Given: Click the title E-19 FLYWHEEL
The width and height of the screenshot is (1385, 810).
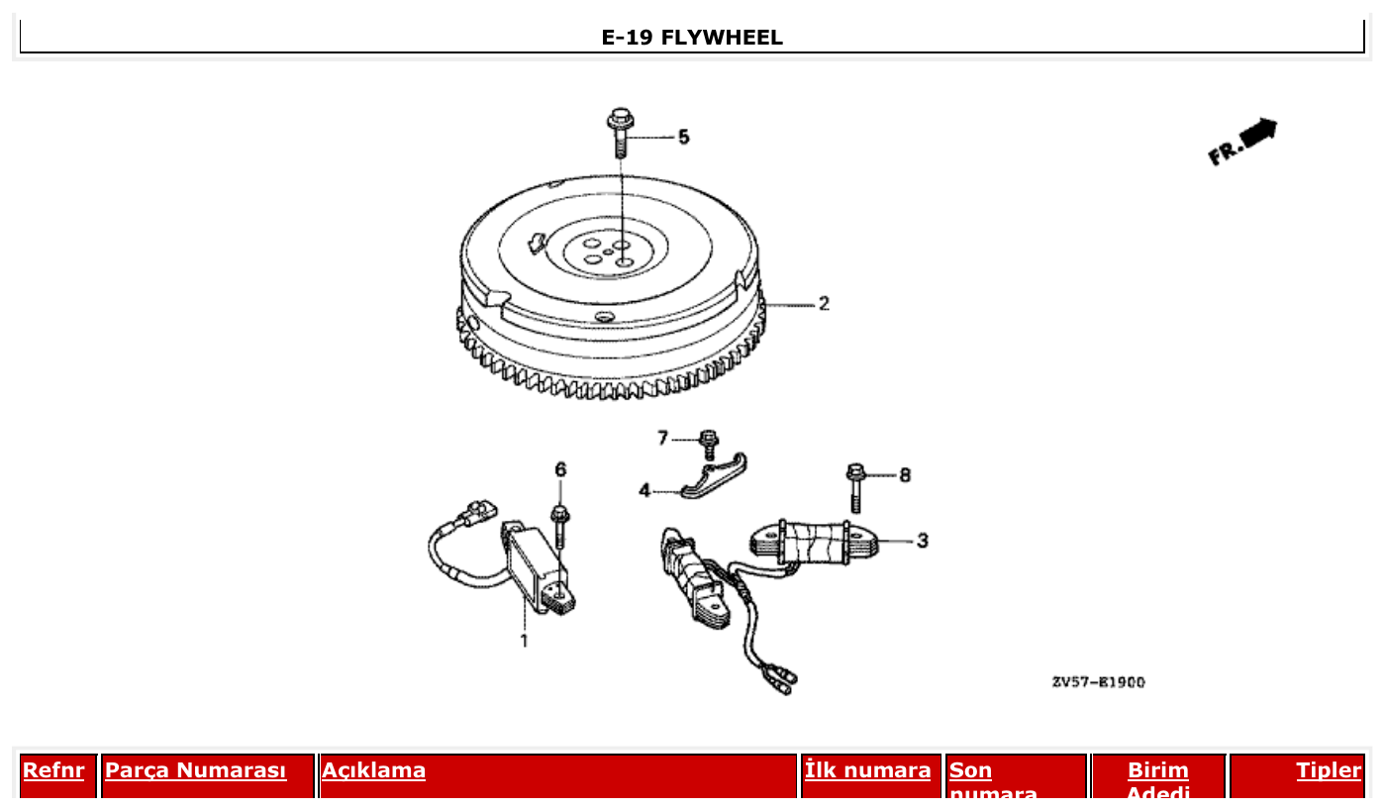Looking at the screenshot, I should pyautogui.click(x=692, y=38).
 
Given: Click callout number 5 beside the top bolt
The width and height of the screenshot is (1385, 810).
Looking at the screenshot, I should pyautogui.click(x=683, y=137).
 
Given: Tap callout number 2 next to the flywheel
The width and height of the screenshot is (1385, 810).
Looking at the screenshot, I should pyautogui.click(x=824, y=304).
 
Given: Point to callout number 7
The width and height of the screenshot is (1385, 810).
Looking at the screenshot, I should pyautogui.click(x=663, y=438).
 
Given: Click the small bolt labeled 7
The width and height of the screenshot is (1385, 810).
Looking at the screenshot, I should pyautogui.click(x=708, y=443).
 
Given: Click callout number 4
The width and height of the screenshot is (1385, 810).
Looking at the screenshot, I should pyautogui.click(x=643, y=490).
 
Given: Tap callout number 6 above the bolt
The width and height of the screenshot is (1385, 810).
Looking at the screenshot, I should pyautogui.click(x=560, y=469).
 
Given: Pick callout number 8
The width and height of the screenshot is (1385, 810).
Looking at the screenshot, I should pyautogui.click(x=904, y=475).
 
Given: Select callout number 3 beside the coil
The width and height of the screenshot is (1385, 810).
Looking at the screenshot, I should pyautogui.click(x=922, y=541).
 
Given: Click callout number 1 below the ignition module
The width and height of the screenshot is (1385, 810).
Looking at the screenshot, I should pyautogui.click(x=525, y=641).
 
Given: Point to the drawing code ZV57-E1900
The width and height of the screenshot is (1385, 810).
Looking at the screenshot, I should pyautogui.click(x=1098, y=682).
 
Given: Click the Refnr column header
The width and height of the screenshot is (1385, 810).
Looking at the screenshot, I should pyautogui.click(x=53, y=770).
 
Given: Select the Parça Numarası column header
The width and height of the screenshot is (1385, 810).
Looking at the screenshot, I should pyautogui.click(x=195, y=770).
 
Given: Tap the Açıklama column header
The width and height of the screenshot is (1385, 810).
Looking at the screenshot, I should pyautogui.click(x=373, y=770).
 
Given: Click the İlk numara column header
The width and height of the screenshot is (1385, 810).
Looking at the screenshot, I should pyautogui.click(x=867, y=770).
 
